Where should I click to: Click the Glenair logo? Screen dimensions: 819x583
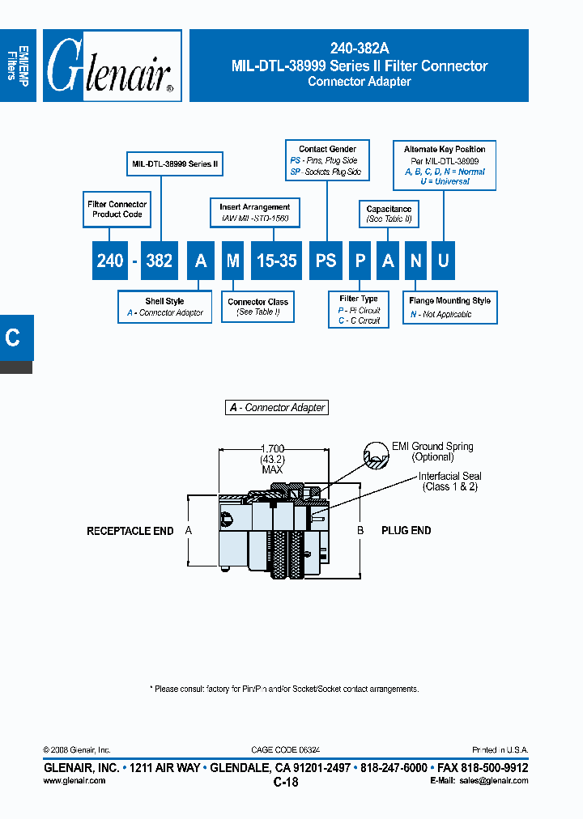[x=112, y=66]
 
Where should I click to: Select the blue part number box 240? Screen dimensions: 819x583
[x=110, y=261]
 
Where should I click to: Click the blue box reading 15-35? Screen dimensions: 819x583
[x=277, y=261]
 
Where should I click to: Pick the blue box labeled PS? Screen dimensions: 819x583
[x=326, y=261]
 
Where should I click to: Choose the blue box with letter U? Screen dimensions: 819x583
[x=443, y=261]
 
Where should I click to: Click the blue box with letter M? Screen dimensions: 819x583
[x=233, y=261]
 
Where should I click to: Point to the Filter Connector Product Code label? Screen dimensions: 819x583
[x=117, y=210]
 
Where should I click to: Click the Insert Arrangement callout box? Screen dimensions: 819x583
[x=254, y=213]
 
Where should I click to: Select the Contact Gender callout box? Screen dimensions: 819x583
[x=327, y=161]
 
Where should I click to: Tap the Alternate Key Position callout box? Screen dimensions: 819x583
[x=445, y=165]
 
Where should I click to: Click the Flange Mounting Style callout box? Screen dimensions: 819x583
[x=449, y=308]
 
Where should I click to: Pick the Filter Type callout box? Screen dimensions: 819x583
[x=359, y=310]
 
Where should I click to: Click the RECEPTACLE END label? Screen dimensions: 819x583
[x=130, y=531]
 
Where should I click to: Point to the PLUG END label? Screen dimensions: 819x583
[x=406, y=531]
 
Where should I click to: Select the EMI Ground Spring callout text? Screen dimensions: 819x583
[x=432, y=452]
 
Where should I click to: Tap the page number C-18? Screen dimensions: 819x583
[x=286, y=783]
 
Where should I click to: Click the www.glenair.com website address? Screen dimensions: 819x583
[x=74, y=781]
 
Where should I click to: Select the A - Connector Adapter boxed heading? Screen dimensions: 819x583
[x=277, y=408]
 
